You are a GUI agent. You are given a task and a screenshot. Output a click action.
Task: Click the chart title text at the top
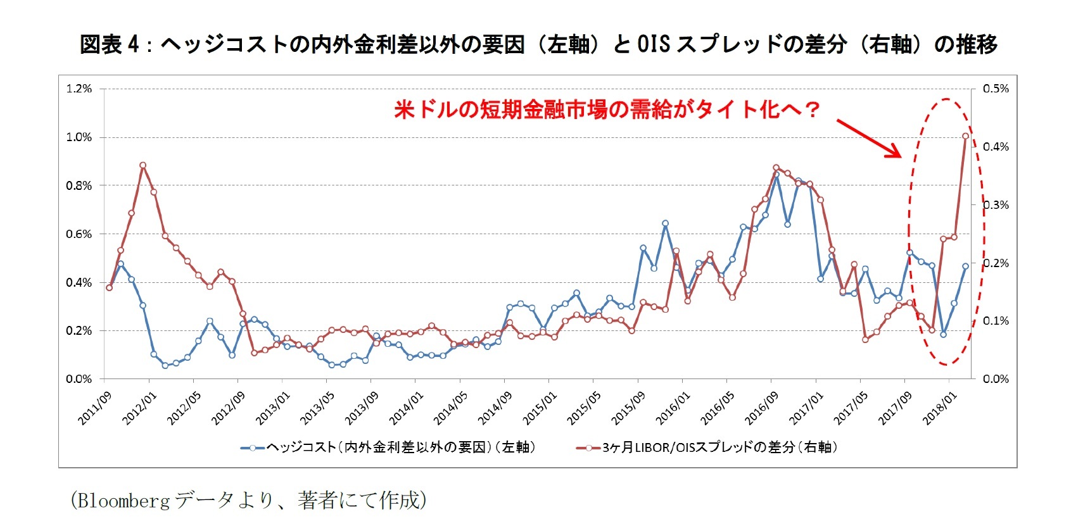[538, 44]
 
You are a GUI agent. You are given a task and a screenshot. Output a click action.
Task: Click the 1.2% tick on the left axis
[79, 89]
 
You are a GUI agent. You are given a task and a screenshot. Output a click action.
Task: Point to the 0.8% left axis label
[79, 185]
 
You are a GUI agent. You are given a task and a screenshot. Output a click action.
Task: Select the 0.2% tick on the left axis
[79, 330]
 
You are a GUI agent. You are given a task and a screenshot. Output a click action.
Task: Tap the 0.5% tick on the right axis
[996, 89]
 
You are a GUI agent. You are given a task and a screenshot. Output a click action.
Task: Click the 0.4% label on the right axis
[996, 147]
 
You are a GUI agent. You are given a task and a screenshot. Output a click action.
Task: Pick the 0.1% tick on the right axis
[996, 321]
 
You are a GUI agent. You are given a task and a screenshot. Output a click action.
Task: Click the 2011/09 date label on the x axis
[95, 408]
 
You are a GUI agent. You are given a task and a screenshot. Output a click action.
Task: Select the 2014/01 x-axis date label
[406, 408]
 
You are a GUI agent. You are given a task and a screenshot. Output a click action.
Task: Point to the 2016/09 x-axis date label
[761, 408]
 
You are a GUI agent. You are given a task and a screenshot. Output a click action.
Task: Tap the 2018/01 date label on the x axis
[939, 408]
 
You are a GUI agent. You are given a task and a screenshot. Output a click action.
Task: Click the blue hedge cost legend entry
[388, 447]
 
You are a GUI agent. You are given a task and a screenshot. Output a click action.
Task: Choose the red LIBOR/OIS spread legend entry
[707, 447]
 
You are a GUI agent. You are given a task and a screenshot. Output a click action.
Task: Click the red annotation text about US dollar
[606, 109]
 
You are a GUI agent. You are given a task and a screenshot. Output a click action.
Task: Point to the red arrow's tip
[900, 156]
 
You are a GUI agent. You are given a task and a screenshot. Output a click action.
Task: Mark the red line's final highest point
[965, 136]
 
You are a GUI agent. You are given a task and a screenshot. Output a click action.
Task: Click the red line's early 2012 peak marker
[143, 165]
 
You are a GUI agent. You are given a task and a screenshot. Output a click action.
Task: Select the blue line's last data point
[965, 266]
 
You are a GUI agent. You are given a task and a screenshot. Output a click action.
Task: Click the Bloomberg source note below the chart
[248, 500]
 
